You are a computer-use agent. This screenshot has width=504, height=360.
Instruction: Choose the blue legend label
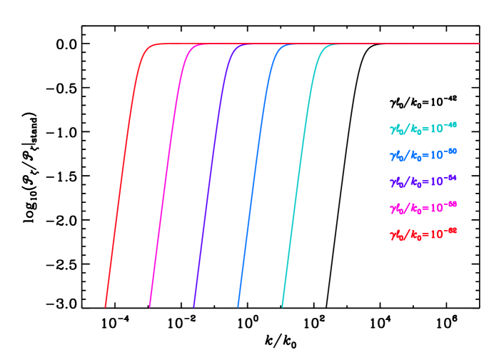point(423,154)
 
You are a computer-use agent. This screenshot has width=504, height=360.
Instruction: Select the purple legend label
point(423,181)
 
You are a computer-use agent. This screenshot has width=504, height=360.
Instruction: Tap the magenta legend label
point(423,207)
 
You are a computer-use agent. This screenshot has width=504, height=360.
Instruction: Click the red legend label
point(423,234)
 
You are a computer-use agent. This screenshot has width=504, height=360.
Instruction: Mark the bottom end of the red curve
point(106,307)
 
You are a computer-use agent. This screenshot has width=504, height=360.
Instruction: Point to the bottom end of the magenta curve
point(150,307)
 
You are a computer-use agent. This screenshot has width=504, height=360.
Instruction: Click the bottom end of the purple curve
point(193,307)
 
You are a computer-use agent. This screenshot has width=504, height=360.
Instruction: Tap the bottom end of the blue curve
point(238,307)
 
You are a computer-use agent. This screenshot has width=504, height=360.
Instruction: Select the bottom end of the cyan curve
point(282,307)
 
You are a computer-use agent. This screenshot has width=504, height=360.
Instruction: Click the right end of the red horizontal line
point(479,44)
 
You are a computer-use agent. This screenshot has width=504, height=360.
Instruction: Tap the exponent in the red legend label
point(449,231)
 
